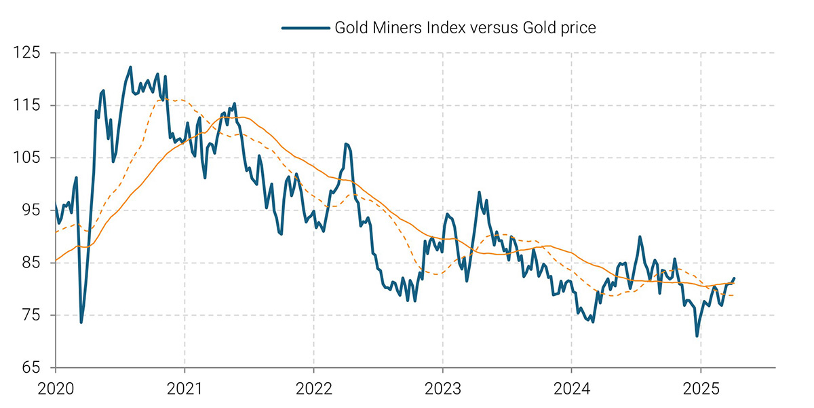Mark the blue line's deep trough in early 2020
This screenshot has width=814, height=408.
[81, 322]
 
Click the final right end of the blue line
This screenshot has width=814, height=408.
[734, 278]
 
